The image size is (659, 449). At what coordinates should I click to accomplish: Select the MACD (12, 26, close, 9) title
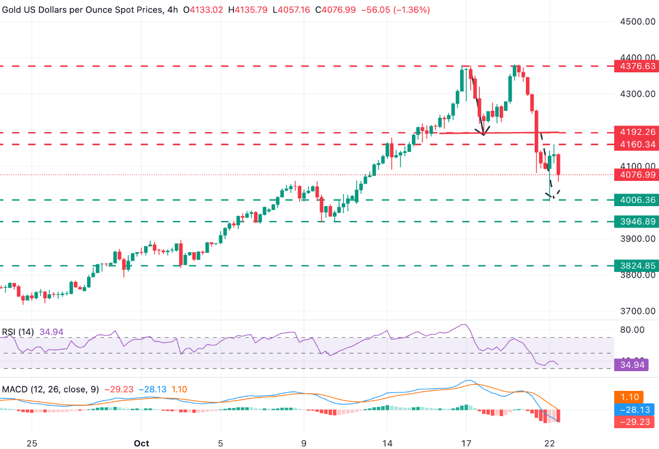click(x=50, y=389)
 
